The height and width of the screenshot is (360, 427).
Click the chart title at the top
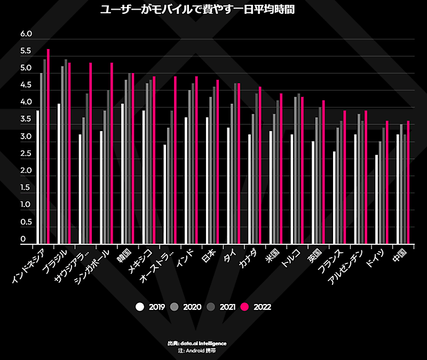(197, 10)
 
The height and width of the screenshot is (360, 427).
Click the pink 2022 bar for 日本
(218, 162)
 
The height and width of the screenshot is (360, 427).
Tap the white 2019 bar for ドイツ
(377, 199)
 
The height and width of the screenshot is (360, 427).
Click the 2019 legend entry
(151, 307)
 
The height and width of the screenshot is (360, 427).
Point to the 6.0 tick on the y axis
(26, 34)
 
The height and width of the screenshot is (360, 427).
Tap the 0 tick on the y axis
(23, 239)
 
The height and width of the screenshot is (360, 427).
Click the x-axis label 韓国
(124, 254)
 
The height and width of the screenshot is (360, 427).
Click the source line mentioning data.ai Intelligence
(197, 343)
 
